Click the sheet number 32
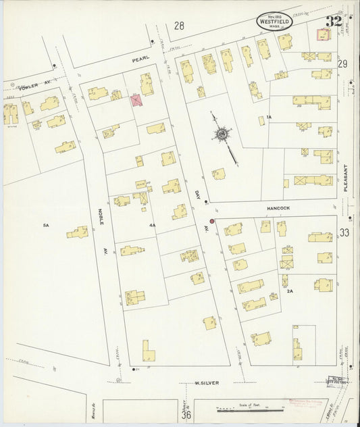(x=333, y=20)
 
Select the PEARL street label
(x=140, y=59)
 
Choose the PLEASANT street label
(x=344, y=178)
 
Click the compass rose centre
(x=221, y=134)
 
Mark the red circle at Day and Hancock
(x=211, y=221)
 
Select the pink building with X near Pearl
(x=136, y=100)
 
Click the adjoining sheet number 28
(x=179, y=26)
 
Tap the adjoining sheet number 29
(x=343, y=64)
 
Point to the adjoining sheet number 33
(x=344, y=233)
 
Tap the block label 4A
(x=152, y=225)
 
